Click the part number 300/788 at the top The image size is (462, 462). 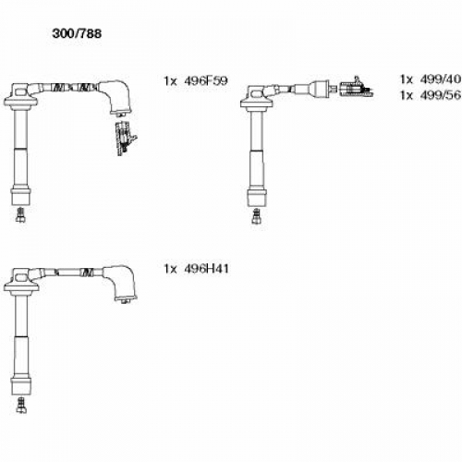(77, 33)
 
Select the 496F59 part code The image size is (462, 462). (206, 80)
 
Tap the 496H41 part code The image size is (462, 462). (206, 269)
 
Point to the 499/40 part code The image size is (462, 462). (441, 79)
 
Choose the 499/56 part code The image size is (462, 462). (441, 95)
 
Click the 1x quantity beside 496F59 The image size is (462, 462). (170, 81)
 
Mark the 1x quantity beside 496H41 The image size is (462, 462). (170, 269)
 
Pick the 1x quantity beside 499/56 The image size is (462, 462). (407, 95)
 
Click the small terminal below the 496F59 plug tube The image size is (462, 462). (20, 214)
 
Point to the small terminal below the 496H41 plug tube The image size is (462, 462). (21, 405)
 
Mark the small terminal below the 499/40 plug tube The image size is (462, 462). (256, 215)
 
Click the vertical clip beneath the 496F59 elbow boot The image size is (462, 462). (125, 139)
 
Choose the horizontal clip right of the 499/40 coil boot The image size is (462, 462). (357, 88)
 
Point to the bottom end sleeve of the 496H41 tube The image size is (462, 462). (21, 385)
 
